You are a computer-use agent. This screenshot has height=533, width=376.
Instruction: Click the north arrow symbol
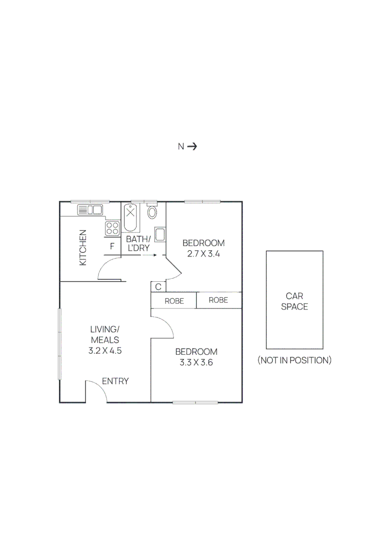click(x=192, y=146)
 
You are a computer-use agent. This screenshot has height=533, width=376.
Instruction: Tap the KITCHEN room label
click(x=83, y=247)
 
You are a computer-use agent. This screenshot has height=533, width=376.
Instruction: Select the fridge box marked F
click(x=112, y=246)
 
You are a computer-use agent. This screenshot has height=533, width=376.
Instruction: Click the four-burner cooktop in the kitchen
click(x=112, y=228)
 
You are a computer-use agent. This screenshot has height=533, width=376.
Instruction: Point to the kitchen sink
click(x=90, y=210)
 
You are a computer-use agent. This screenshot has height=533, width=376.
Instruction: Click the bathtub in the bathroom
click(x=131, y=217)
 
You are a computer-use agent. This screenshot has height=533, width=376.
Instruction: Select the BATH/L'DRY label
click(x=138, y=244)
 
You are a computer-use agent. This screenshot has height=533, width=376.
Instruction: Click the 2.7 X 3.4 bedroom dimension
click(x=204, y=254)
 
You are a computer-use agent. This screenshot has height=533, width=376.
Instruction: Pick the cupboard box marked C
click(x=158, y=287)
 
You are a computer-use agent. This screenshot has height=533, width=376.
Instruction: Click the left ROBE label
click(x=174, y=301)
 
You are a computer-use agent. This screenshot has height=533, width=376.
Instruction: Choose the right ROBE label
click(x=218, y=300)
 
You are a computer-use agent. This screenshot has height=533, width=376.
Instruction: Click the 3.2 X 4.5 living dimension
click(x=105, y=351)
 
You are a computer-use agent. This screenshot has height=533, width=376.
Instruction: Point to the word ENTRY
click(x=115, y=381)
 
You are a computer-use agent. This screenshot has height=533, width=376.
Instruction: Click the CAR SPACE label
click(x=295, y=301)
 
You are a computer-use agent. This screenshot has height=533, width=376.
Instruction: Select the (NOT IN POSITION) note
click(x=295, y=360)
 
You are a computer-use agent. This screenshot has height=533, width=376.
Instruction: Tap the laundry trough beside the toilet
click(x=160, y=234)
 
